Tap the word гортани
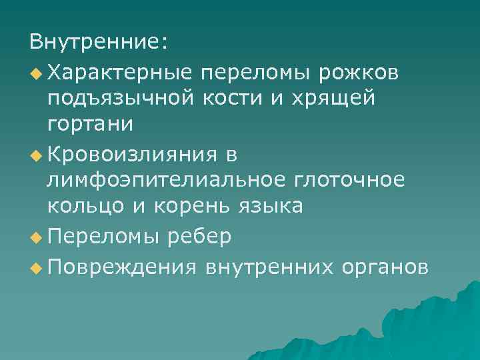coord(90,124)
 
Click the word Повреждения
coord(123,266)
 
